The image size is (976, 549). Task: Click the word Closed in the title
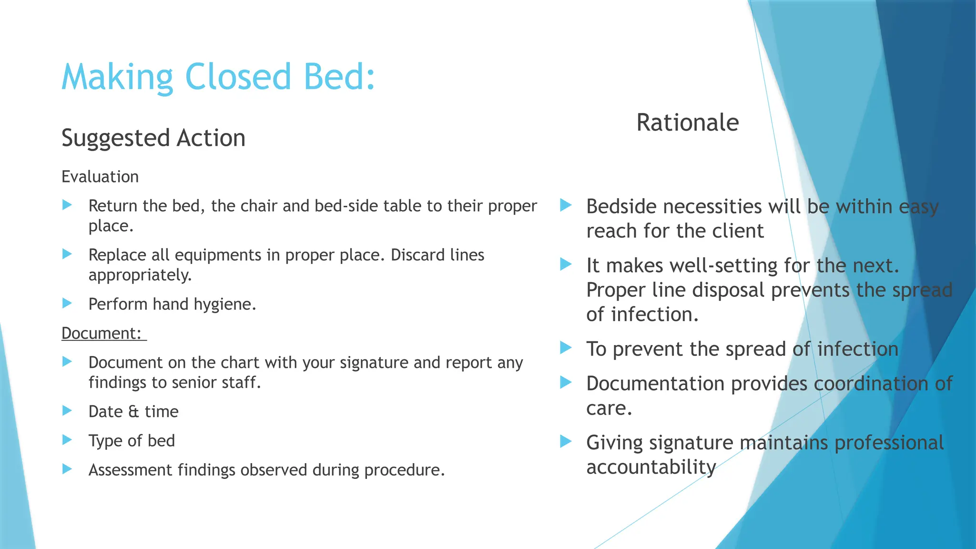click(237, 77)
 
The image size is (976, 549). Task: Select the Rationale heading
click(687, 123)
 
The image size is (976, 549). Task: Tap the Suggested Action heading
click(153, 138)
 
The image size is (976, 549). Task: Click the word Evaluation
click(100, 177)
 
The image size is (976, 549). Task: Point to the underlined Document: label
click(102, 333)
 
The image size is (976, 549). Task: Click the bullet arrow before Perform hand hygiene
click(67, 303)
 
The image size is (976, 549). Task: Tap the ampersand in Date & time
click(133, 412)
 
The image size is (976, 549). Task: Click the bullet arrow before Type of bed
click(67, 440)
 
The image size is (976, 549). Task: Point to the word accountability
click(651, 467)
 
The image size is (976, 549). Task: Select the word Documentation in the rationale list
click(655, 384)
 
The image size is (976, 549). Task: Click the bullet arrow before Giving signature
click(566, 441)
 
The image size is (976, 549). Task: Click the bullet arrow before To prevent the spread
click(566, 348)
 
